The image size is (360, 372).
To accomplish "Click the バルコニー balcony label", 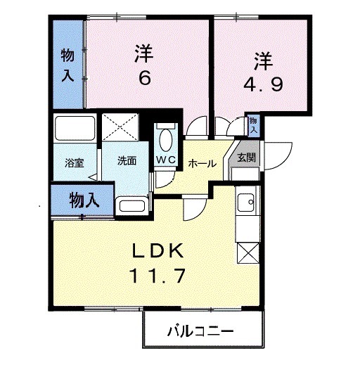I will pos(200,331).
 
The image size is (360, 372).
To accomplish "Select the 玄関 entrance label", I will pos(246,157).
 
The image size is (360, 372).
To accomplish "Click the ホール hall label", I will pos(202,163).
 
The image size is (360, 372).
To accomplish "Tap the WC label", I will pos(166,160).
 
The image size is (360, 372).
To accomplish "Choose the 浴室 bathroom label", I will pos(74,162).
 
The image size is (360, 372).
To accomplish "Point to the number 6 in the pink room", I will pos(144,77).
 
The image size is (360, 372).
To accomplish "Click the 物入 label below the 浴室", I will pos(84,200).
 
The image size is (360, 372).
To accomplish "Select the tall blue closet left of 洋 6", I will pos(67,65).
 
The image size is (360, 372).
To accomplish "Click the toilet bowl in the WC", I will pos(167,141).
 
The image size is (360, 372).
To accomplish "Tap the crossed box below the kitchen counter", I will pos(248,252).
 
